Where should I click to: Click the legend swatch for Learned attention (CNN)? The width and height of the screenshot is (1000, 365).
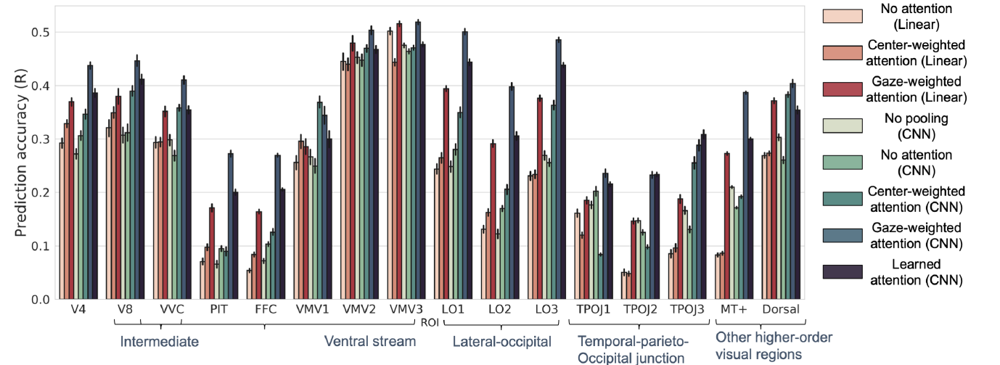tap(841, 271)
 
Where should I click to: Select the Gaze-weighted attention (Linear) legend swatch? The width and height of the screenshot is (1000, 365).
tap(841, 89)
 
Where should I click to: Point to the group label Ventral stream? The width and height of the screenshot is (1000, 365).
tap(369, 341)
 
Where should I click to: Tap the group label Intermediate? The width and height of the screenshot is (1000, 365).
tap(159, 341)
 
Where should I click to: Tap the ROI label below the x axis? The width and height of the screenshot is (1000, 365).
tap(430, 323)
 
